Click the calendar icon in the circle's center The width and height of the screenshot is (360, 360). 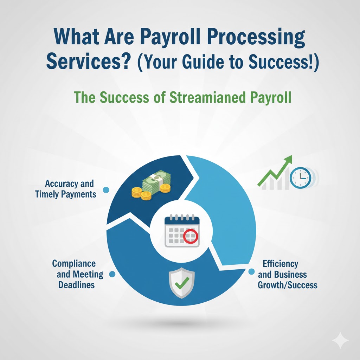182,231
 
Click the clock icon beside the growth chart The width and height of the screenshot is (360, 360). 301,177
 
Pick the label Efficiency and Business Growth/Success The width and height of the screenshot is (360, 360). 287,274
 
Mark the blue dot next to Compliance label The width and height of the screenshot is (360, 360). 112,274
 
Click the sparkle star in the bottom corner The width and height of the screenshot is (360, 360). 340,341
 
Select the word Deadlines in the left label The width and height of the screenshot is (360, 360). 76,284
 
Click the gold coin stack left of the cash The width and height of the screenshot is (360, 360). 136,192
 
